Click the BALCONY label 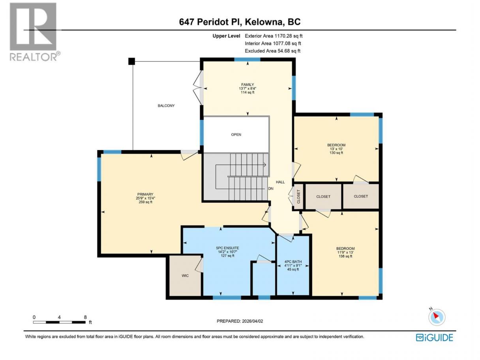click(166, 106)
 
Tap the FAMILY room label click(247, 84)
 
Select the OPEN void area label click(236, 135)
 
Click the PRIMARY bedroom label click(145, 194)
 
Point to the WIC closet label click(185, 276)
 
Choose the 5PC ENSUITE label click(227, 248)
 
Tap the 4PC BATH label click(293, 262)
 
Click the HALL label click(280, 182)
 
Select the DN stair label click(271, 188)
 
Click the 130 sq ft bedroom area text click(336, 153)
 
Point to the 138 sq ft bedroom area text click(345, 256)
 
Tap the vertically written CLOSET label click(298, 197)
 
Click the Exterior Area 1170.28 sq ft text click(274, 36)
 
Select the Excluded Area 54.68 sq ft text click(272, 51)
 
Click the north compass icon click(437, 317)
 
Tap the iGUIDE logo click(434, 337)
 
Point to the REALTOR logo click(35, 32)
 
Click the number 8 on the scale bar click(85, 317)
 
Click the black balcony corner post click(131, 61)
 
